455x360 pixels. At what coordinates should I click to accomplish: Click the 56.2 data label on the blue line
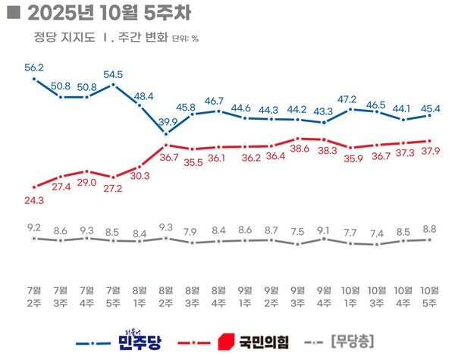coord(34,67)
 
